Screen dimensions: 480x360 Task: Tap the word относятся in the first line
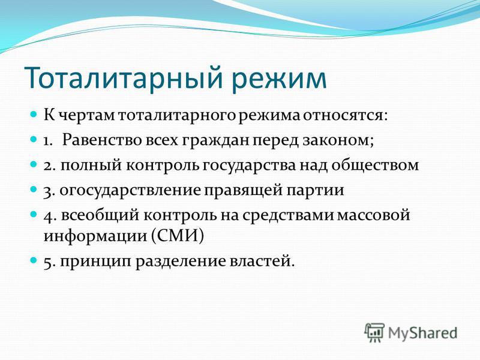(x=346, y=116)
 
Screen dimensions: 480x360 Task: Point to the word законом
(x=338, y=141)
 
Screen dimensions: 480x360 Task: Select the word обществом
(x=375, y=166)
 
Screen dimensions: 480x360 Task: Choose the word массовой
(x=373, y=215)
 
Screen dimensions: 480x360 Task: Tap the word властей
(x=262, y=261)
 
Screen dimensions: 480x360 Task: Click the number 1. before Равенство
(x=48, y=141)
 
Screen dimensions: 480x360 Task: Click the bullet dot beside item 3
(x=34, y=190)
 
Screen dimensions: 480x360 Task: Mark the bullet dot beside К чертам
(x=34, y=115)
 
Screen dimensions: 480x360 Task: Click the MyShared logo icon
(x=374, y=332)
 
